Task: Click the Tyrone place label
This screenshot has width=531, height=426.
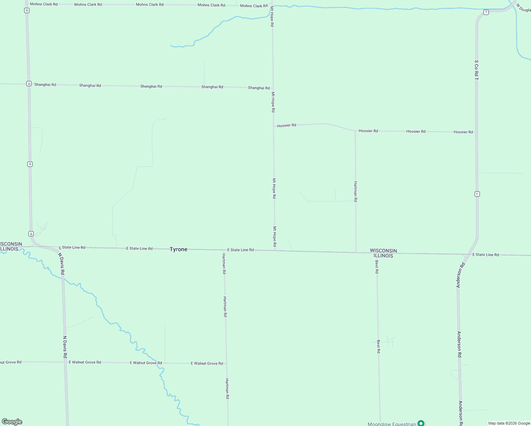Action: [178, 249]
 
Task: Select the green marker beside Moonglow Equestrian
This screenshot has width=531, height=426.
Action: [421, 423]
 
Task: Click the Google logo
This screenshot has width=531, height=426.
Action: [12, 422]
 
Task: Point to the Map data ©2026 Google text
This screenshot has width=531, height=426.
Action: [509, 423]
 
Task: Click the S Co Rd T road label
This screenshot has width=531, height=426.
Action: [476, 70]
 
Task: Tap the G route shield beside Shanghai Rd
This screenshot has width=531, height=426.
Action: [29, 84]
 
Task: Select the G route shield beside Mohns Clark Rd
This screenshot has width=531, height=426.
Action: [27, 10]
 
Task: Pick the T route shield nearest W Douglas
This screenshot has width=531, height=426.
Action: [486, 12]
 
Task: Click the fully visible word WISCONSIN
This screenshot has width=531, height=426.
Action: [383, 251]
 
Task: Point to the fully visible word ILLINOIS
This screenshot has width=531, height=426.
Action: [383, 256]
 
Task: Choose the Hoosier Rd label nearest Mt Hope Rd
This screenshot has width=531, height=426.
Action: [286, 125]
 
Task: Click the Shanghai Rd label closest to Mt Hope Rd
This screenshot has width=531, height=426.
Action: [259, 88]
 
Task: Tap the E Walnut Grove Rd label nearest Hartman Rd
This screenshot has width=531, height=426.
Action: [207, 363]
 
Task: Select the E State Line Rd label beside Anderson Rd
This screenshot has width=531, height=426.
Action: [485, 255]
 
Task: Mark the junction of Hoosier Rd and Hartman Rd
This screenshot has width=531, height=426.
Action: [355, 131]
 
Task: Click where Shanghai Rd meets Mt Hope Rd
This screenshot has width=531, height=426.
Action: [273, 88]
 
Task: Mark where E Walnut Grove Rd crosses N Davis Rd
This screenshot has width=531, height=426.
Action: [66, 362]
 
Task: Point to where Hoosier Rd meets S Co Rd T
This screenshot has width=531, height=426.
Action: [476, 132]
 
